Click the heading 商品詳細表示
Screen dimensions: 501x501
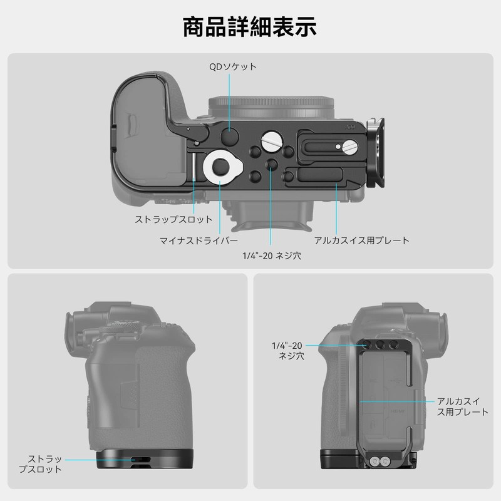click(x=250, y=28)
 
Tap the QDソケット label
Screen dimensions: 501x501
click(x=232, y=66)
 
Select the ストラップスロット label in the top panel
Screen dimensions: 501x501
click(x=174, y=220)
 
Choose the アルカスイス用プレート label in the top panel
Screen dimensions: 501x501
click(x=362, y=240)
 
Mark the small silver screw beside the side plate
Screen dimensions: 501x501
click(x=348, y=147)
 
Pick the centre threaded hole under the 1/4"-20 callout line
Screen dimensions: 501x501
click(x=271, y=164)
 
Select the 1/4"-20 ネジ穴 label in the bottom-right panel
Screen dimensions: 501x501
click(x=287, y=350)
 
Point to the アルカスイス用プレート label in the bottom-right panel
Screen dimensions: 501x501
click(x=462, y=406)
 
